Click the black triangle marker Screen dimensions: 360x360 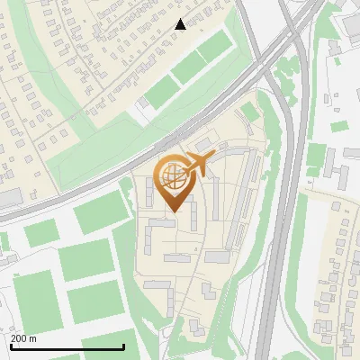tap(181, 24)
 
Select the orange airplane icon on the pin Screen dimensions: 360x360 tap(200, 165)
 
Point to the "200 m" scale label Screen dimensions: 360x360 tap(23, 338)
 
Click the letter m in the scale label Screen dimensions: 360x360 tap(33, 338)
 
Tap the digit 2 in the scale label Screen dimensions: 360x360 tap(14, 338)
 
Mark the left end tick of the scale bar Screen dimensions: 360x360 tap(11, 346)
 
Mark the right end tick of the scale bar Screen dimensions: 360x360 tap(123, 346)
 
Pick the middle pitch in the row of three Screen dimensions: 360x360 tap(187, 69)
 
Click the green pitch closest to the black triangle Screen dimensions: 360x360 tap(212, 49)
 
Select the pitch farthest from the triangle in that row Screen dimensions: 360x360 tap(162, 90)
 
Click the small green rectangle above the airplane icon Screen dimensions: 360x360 tap(249, 112)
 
